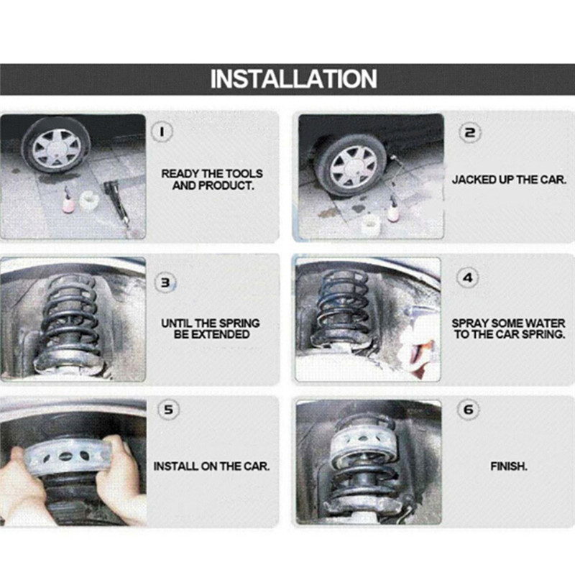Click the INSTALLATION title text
(293, 78)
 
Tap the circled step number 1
(162, 132)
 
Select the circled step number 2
(470, 133)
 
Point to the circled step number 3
(165, 282)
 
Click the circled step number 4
(468, 278)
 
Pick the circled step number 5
(168, 410)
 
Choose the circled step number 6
(469, 409)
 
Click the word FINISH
(509, 466)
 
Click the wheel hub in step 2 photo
(354, 167)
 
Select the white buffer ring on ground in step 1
(88, 201)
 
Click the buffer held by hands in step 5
(66, 456)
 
